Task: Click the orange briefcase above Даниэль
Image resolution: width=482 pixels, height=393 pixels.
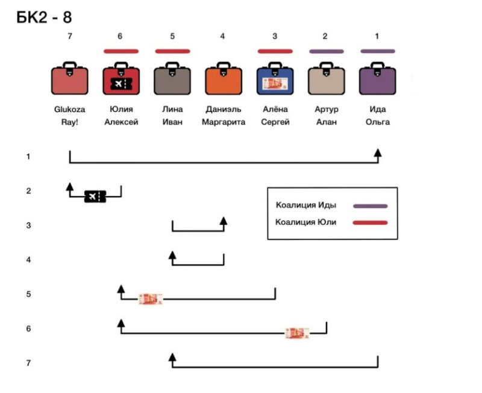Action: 224,78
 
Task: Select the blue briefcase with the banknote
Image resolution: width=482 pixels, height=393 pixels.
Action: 275,78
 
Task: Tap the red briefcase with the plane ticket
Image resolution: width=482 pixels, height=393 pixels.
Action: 121,78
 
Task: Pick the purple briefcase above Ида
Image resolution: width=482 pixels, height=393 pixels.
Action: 378,78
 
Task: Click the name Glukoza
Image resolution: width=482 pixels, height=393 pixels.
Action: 69,109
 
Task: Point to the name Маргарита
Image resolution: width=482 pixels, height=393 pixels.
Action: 224,122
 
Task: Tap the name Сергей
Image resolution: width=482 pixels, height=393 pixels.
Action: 275,122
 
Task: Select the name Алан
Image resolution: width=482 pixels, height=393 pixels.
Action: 327,122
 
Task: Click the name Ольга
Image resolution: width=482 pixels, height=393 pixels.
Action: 378,122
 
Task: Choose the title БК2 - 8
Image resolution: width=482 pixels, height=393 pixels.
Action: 44,17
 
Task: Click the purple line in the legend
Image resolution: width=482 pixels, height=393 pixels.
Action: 370,206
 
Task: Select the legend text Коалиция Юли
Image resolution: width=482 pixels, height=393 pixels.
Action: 305,222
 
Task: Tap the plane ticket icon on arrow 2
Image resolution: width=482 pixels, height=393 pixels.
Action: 95,196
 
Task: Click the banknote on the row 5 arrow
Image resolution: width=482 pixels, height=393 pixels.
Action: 150,299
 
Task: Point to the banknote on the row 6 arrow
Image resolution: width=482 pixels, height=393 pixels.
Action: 297,333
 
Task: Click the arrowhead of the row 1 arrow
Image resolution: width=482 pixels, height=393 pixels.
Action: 378,152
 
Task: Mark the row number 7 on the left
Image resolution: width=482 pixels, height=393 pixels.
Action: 28,363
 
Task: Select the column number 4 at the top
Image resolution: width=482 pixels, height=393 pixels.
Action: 222,36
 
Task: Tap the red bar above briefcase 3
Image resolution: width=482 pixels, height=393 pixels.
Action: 275,51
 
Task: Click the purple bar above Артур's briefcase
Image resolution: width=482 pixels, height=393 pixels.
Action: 327,51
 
